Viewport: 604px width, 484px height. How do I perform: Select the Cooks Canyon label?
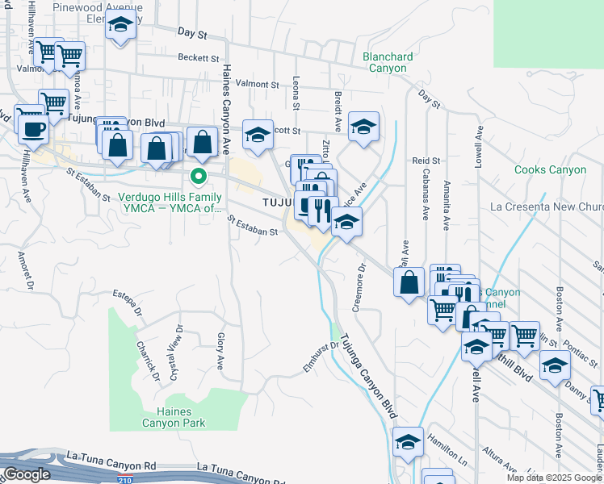coord(550,169)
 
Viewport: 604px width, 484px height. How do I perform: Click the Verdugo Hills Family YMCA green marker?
coord(195,175)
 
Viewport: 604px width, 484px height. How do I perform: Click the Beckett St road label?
coord(199,58)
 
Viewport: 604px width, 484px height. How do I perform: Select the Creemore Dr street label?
coord(357,284)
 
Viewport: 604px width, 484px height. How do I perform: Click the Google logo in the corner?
coord(26,474)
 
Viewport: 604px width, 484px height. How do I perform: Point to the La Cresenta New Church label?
coord(547,207)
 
